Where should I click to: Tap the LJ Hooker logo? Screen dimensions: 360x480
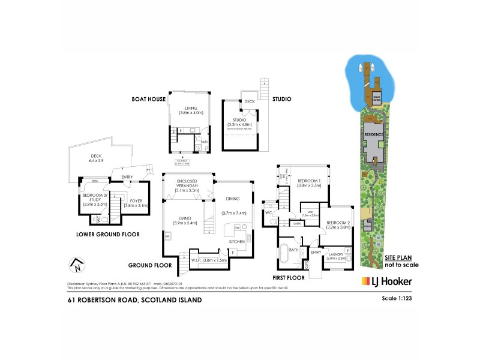[386, 281]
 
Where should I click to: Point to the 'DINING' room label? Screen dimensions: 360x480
[233, 199]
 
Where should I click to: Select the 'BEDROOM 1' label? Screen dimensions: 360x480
[310, 181]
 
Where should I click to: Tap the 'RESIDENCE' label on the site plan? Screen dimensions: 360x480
[374, 136]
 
